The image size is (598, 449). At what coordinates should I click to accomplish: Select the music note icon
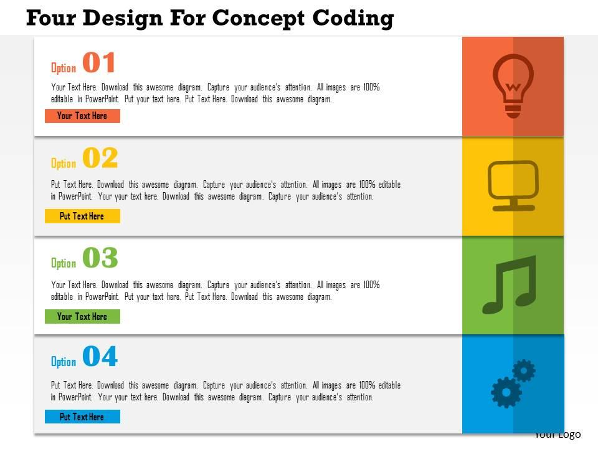tap(510, 284)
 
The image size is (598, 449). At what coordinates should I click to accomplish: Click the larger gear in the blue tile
tap(506, 392)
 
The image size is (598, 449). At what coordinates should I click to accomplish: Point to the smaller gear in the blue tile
tap(524, 370)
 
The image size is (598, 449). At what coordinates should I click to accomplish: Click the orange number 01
tap(99, 64)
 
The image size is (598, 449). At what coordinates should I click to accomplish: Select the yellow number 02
tap(100, 159)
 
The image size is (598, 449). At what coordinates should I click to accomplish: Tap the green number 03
tap(100, 258)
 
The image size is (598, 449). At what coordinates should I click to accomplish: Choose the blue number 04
tap(100, 357)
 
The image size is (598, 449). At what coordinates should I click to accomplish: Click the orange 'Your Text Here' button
tap(82, 116)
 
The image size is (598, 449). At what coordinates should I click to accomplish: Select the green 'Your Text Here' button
tap(82, 317)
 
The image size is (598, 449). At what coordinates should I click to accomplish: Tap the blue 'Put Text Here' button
tap(82, 417)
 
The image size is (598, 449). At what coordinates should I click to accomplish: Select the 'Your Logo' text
tap(558, 435)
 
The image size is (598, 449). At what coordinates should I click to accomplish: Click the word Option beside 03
tap(64, 263)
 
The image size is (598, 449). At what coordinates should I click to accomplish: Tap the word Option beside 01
tap(64, 68)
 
